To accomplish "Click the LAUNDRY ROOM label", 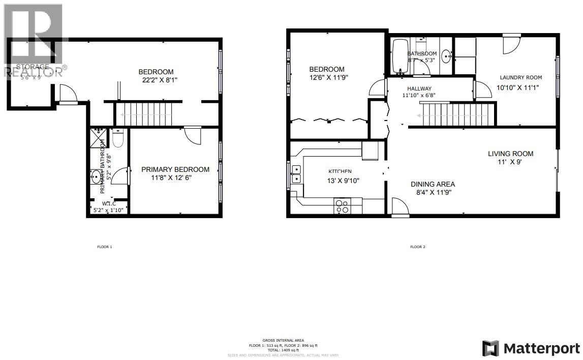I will coord(520,77).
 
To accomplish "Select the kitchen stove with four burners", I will coord(342,206).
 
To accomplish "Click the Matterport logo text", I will coord(542,348).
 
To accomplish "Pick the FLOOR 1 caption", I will coord(104,247).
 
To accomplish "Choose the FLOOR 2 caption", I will coord(417,247).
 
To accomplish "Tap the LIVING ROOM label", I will coord(510,154).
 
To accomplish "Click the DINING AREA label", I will coord(433,184).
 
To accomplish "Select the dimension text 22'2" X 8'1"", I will coord(160,80).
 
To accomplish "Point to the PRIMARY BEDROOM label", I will coord(175,169).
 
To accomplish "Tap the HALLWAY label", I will coord(419,88).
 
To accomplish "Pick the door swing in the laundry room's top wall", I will coord(510,44).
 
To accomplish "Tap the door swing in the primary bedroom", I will coord(192,135).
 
